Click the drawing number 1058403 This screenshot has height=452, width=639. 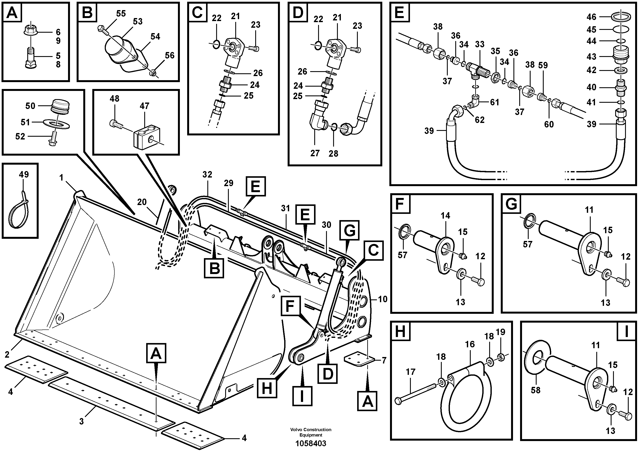(311, 443)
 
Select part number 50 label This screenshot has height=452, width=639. (30, 106)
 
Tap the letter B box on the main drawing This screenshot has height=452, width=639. (214, 268)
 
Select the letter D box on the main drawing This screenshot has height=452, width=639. (328, 374)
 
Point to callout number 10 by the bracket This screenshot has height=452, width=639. (383, 299)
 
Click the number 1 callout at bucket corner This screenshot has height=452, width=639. (61, 177)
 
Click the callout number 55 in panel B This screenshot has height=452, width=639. (121, 14)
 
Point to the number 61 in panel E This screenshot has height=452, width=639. (495, 102)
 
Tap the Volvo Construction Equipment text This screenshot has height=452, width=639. (311, 432)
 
